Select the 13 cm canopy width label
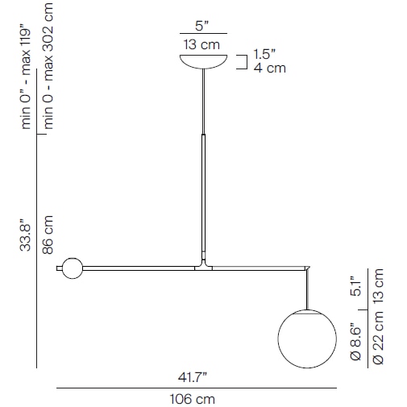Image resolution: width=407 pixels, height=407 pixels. (203, 44)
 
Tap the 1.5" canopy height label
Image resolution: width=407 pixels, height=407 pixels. (264, 54)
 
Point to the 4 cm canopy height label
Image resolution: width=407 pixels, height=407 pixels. (269, 69)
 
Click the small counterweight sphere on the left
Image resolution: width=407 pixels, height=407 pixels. (73, 268)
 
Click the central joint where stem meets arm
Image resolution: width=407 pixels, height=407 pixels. (204, 264)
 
